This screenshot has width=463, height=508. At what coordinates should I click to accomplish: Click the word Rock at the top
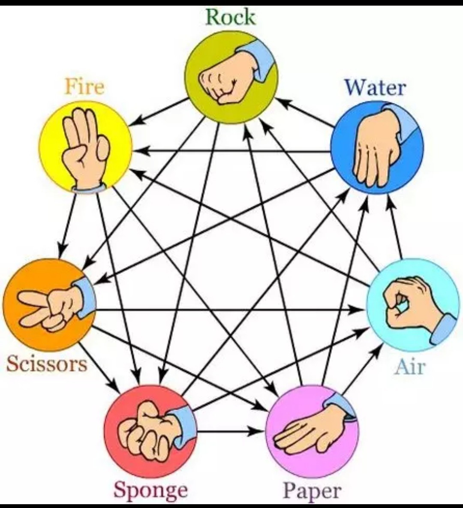pyautogui.click(x=230, y=17)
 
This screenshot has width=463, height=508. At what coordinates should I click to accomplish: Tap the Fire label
pyautogui.click(x=84, y=87)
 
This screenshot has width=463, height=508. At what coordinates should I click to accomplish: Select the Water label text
pyautogui.click(x=375, y=87)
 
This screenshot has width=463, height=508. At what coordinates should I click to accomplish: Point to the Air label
pyautogui.click(x=409, y=367)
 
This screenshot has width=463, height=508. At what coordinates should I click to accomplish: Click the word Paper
pyautogui.click(x=312, y=491)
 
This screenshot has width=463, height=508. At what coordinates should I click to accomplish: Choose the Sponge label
pyautogui.click(x=150, y=490)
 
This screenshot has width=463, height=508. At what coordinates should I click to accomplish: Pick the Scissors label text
pyautogui.click(x=47, y=364)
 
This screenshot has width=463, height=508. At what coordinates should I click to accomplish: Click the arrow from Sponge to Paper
pyautogui.click(x=230, y=432)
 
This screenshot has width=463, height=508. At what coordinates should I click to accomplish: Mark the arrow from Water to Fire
pyautogui.click(x=231, y=151)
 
